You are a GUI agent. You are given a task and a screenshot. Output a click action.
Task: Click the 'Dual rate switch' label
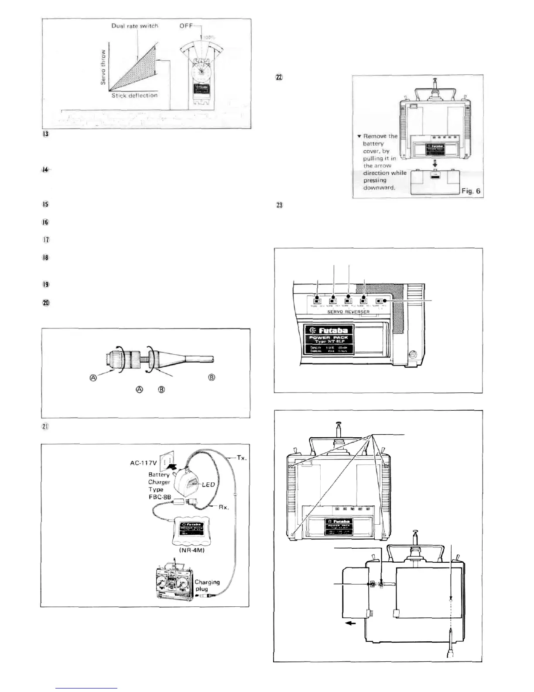(134, 26)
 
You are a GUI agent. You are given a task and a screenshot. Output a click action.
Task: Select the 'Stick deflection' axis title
(134, 95)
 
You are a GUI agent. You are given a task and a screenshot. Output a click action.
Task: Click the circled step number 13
(45, 134)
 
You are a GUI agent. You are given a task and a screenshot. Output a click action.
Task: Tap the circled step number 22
(279, 77)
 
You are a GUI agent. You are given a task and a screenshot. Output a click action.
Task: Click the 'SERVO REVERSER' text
(348, 311)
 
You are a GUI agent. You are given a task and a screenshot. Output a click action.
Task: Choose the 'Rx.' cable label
(223, 508)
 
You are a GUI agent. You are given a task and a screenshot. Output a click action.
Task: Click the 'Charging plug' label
(207, 585)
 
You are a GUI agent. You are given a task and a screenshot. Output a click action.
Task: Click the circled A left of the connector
(93, 378)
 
